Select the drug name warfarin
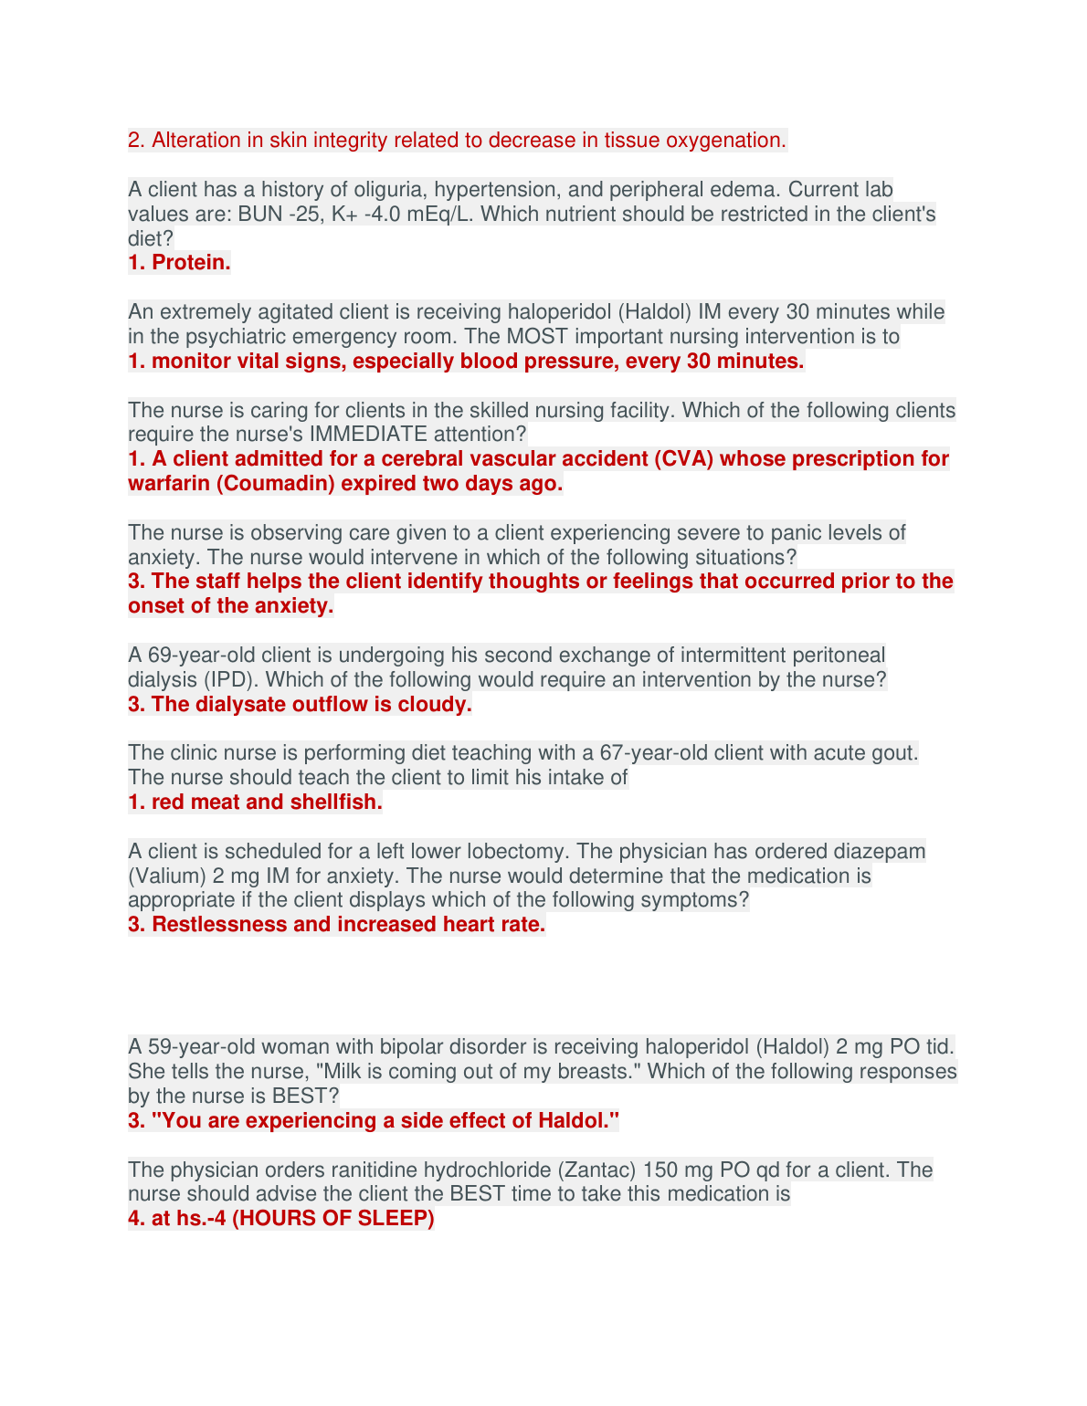pyautogui.click(x=169, y=484)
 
